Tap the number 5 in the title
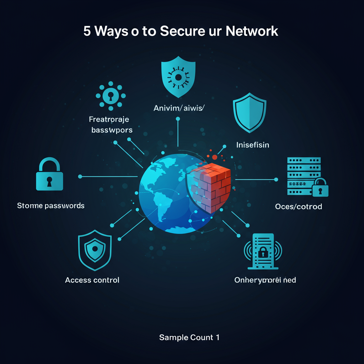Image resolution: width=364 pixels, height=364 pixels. point(87,31)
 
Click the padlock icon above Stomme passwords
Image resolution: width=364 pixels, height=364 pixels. point(49,175)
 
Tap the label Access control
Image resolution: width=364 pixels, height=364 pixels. point(92,280)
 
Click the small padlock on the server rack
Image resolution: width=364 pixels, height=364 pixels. point(320,188)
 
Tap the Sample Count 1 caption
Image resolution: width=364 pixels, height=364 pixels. point(189,337)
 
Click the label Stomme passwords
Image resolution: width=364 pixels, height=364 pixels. point(51,205)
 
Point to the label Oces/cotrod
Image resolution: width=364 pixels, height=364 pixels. point(299,207)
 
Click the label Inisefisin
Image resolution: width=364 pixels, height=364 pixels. point(253,145)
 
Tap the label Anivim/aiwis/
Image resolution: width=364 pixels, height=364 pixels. point(179,108)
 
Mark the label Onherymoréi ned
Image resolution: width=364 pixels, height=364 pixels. point(265,280)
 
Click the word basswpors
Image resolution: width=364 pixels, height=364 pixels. point(112,130)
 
